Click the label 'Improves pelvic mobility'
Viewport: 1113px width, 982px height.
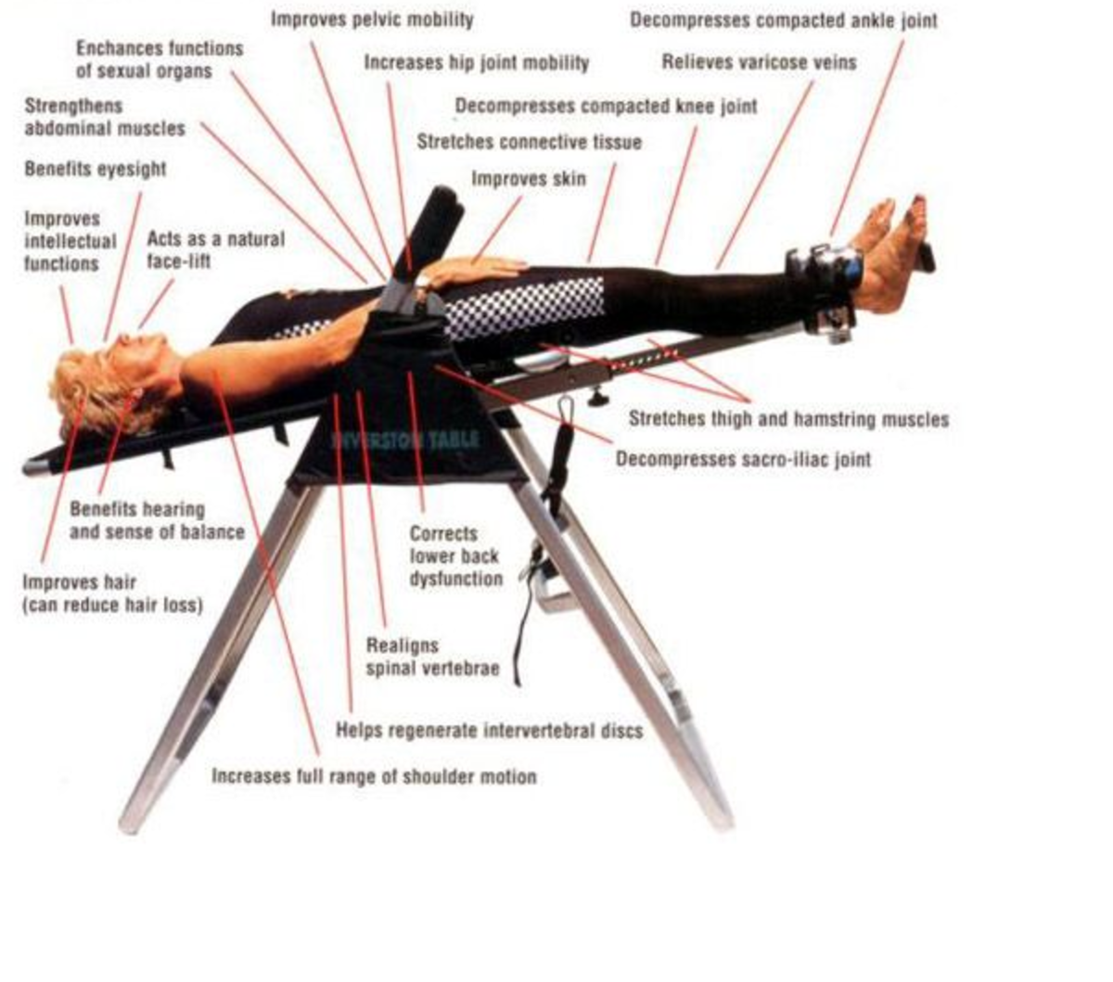click(372, 19)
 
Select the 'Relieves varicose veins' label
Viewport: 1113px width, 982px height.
click(759, 63)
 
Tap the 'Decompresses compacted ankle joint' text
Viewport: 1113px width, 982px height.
click(784, 20)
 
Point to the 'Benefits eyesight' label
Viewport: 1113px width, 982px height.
click(96, 170)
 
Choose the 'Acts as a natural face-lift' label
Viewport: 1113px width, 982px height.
click(215, 250)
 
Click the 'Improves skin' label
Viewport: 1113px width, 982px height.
click(529, 178)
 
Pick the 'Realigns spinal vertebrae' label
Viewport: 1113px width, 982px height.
click(432, 657)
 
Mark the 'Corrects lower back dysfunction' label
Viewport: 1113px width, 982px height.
click(455, 556)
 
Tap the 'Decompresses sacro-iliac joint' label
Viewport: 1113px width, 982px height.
click(743, 459)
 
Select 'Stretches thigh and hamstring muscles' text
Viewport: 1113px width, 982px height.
click(788, 419)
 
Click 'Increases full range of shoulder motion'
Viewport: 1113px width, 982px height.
click(374, 776)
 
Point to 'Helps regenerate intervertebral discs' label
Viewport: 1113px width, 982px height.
click(489, 731)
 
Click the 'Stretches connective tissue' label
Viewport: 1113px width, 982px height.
click(529, 142)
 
